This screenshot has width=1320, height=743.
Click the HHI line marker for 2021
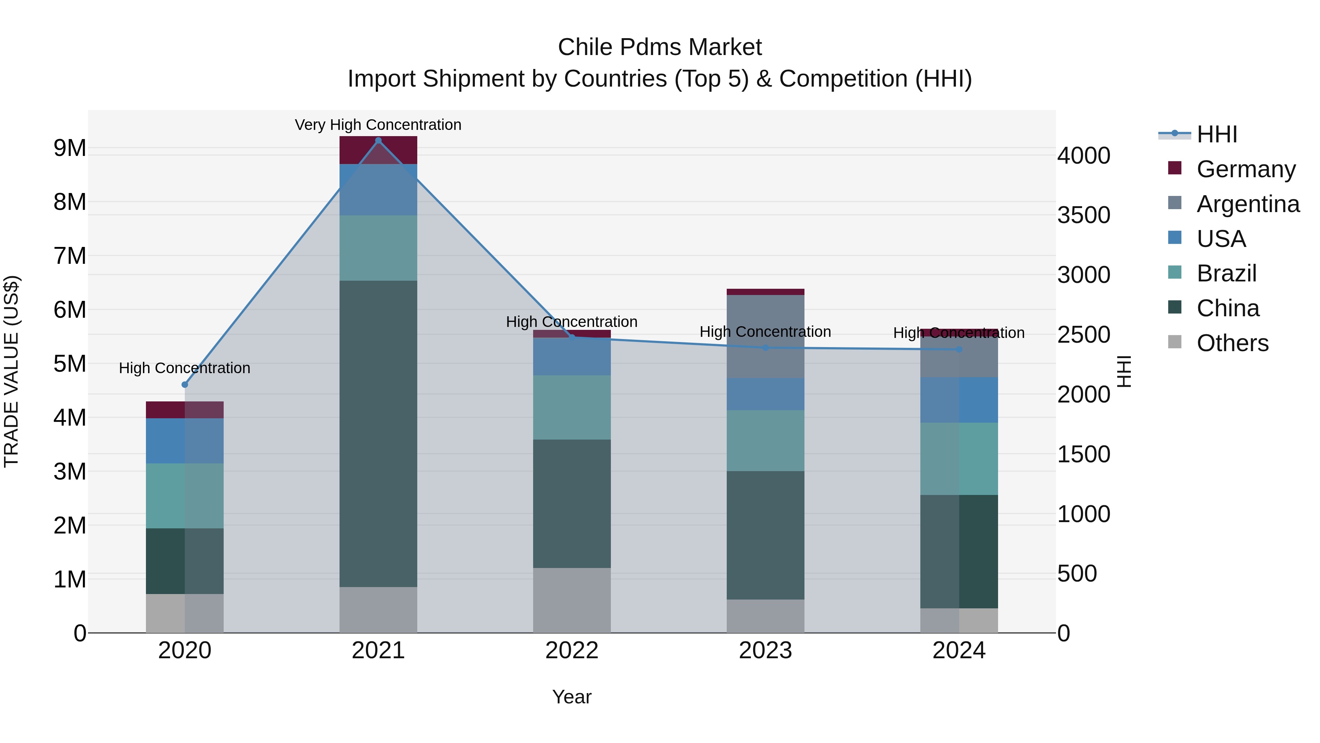378,141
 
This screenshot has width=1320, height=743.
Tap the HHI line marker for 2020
185,385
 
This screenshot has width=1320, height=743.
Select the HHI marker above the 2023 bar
766,348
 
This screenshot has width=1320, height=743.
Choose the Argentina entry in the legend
1248,204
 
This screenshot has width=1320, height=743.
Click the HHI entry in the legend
1217,134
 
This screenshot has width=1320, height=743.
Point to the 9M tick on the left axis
70,148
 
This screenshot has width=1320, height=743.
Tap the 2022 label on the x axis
572,651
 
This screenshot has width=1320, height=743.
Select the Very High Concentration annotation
378,125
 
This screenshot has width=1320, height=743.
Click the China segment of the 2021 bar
378,433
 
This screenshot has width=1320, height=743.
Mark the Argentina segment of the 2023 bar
766,336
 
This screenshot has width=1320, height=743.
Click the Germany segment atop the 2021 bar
378,150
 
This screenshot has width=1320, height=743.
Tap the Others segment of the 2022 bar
572,600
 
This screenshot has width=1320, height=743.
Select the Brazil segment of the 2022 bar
572,407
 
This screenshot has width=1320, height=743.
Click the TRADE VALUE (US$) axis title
11,371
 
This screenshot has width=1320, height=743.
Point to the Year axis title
572,697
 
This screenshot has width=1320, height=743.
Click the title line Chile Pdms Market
660,47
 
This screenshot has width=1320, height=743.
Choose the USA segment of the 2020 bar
185,441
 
